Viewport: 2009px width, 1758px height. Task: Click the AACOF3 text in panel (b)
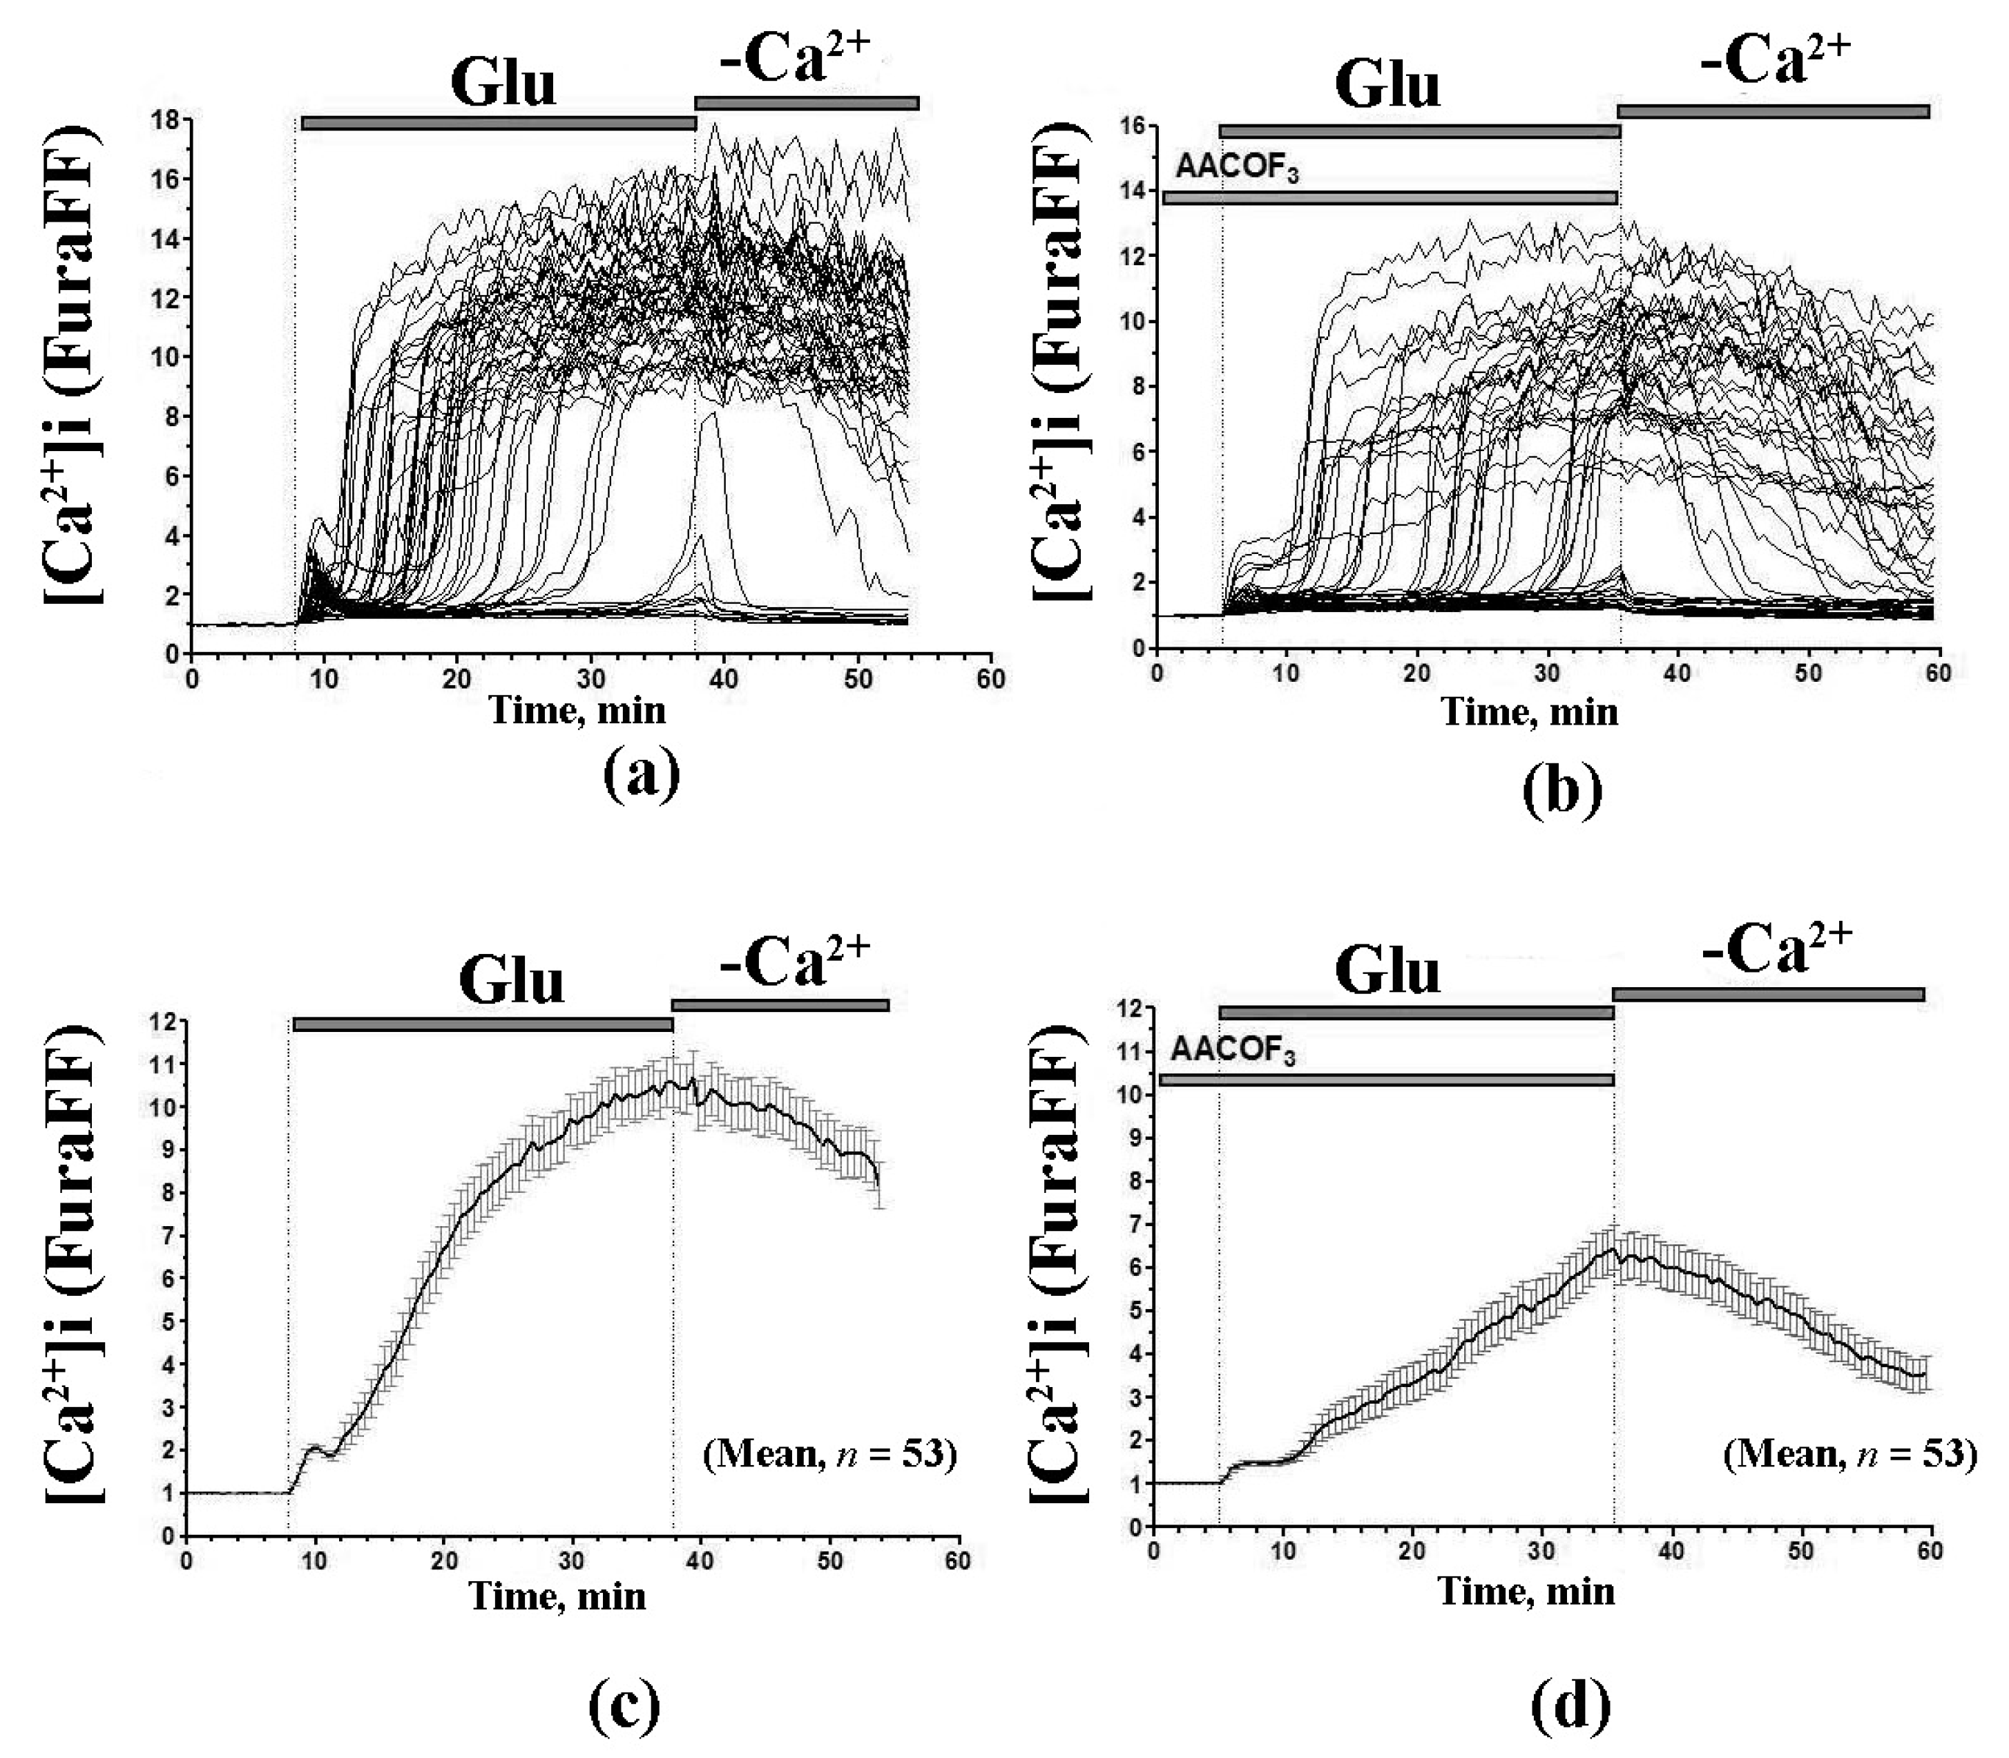click(1238, 169)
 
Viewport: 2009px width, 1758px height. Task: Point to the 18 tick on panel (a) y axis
click(163, 120)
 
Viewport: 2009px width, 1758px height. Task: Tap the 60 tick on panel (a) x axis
click(992, 679)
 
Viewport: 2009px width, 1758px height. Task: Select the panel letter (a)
click(642, 772)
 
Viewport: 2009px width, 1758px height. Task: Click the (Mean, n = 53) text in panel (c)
click(829, 1453)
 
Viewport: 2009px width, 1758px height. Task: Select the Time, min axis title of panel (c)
click(557, 1595)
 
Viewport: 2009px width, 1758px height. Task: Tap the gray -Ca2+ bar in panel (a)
click(807, 103)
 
